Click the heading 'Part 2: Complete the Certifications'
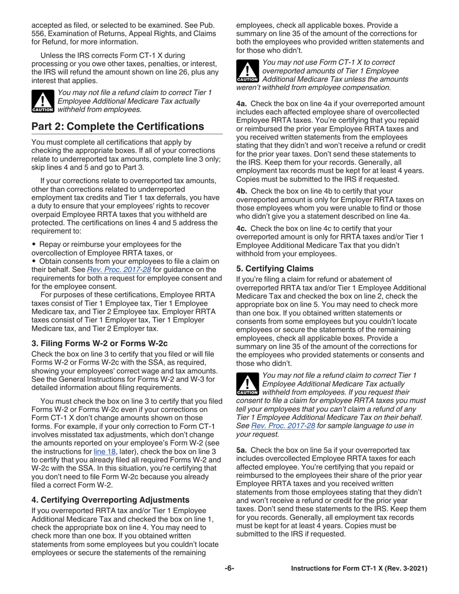point(117,127)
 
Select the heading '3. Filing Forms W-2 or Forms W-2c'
point(100,344)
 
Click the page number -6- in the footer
point(229,569)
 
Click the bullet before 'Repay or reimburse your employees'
point(33,244)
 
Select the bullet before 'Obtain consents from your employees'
point(33,261)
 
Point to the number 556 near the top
point(39,33)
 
